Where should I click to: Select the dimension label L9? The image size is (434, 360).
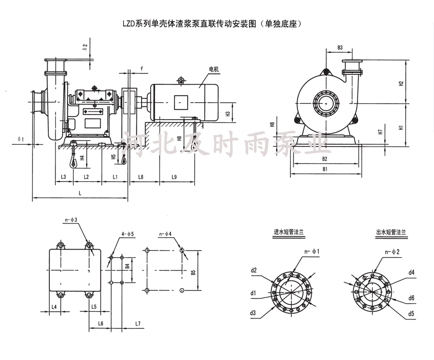pos(174,177)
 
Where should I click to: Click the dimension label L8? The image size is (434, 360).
pos(141,177)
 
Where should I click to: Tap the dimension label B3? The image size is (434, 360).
pos(341,48)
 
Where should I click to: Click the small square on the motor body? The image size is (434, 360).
pos(181,102)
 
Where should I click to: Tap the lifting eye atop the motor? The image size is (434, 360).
pos(180,80)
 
